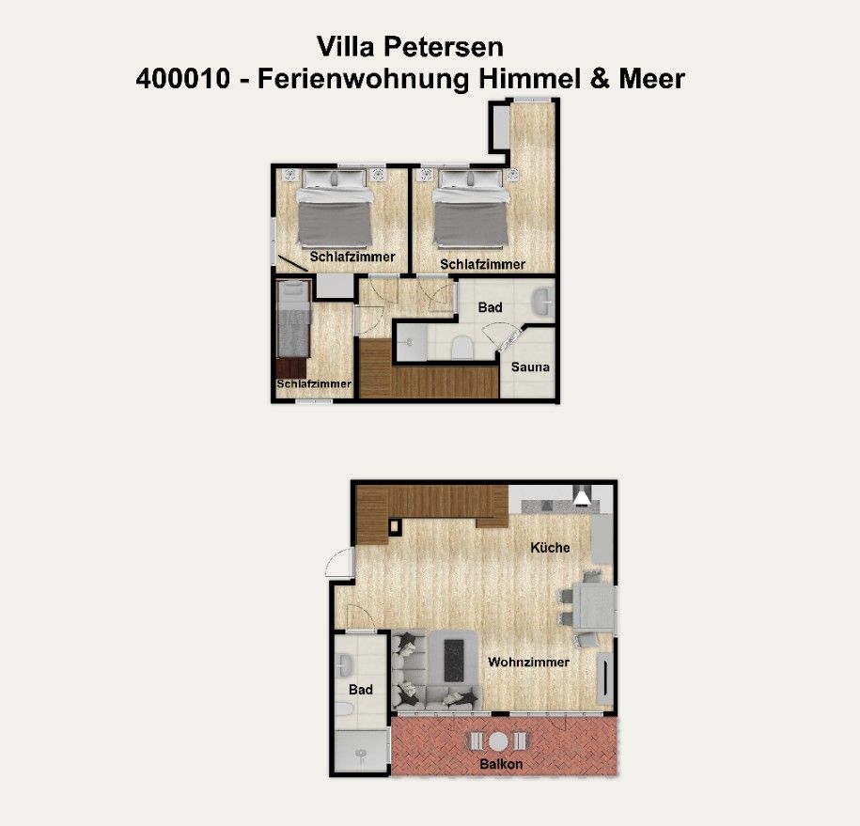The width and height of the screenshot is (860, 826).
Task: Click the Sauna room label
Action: coord(530,366)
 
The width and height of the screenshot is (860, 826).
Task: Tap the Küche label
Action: coord(550,547)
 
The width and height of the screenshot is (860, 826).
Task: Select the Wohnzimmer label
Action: coord(529,662)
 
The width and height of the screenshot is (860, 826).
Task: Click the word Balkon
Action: coord(501,764)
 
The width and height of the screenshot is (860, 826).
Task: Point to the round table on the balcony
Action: coord(498,741)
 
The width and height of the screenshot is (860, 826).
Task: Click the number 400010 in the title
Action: coord(183,78)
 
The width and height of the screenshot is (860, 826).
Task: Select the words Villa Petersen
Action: coord(410,47)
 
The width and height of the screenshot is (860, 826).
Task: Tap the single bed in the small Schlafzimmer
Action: coord(294,319)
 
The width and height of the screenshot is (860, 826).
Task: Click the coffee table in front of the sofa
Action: coord(454,661)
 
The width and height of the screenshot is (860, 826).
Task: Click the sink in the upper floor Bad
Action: coord(542,303)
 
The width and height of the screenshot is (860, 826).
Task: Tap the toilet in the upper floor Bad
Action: coord(462,348)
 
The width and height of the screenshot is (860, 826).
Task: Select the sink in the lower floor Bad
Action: coord(343,666)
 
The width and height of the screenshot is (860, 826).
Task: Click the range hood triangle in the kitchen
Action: coord(582,497)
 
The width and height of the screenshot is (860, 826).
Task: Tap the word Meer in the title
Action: coord(652,78)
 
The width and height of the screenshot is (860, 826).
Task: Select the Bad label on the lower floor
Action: coord(360,690)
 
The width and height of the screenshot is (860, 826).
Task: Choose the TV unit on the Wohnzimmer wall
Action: coord(604,678)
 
